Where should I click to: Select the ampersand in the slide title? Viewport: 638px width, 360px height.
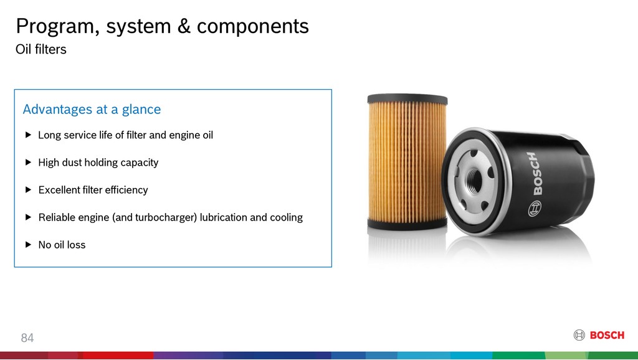coord(184,26)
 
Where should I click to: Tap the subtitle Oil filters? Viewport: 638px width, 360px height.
coord(40,49)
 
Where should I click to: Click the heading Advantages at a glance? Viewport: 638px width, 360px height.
coord(92,109)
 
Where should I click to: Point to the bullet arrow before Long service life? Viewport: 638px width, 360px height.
coord(28,135)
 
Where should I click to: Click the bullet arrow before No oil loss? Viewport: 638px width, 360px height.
coord(28,245)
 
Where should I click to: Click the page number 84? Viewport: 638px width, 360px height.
coord(27,338)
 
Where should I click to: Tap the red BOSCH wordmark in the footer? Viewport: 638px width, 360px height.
coord(607,335)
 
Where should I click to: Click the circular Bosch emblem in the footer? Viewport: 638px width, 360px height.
coord(579,335)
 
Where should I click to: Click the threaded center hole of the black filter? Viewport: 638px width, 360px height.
coord(474,179)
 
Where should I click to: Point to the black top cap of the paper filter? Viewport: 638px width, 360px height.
coord(407,99)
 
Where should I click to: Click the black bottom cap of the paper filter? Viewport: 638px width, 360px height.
coord(407,224)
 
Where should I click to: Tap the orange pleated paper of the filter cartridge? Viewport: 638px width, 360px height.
coord(407,162)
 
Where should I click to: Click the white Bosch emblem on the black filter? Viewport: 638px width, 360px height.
coord(535,209)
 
